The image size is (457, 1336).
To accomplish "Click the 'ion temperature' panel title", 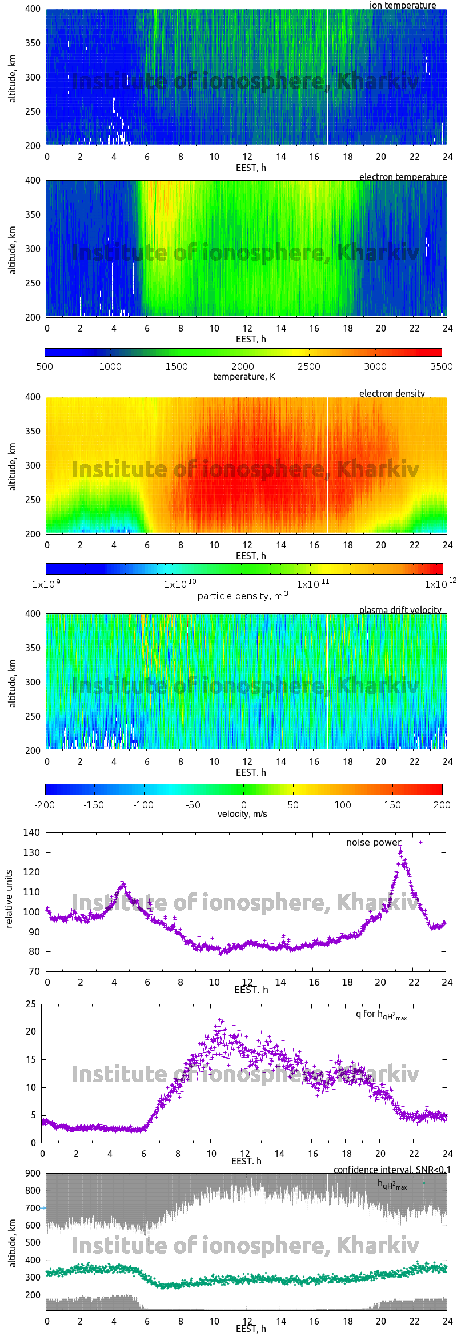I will (x=402, y=5).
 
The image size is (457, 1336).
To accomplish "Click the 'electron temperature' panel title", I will (x=403, y=177).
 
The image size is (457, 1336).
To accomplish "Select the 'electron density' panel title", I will (x=392, y=393).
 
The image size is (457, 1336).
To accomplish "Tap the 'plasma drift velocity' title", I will (x=400, y=610).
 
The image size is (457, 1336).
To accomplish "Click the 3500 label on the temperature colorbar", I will (x=441, y=366).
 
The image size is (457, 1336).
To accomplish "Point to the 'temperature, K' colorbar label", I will (x=244, y=377).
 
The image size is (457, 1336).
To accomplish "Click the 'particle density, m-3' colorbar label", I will (x=243, y=596).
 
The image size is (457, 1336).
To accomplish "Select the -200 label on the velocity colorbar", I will (x=45, y=805).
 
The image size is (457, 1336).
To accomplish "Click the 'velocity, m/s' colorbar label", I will (x=242, y=814).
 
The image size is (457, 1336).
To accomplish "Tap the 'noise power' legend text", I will (x=374, y=842).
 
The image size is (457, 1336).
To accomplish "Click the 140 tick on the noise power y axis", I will (x=31, y=832).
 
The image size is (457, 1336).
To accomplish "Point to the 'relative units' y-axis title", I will (x=9, y=899).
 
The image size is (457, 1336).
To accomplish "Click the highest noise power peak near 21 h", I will (x=400, y=844).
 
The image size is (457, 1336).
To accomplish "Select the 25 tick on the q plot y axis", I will (x=31, y=1004).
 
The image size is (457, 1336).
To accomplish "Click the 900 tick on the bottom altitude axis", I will (x=33, y=1173).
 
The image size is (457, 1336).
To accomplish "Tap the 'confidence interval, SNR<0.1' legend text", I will (x=392, y=1170).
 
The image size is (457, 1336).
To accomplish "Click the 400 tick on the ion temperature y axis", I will (x=33, y=9).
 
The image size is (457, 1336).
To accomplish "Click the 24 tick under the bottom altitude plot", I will (x=447, y=1321).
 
